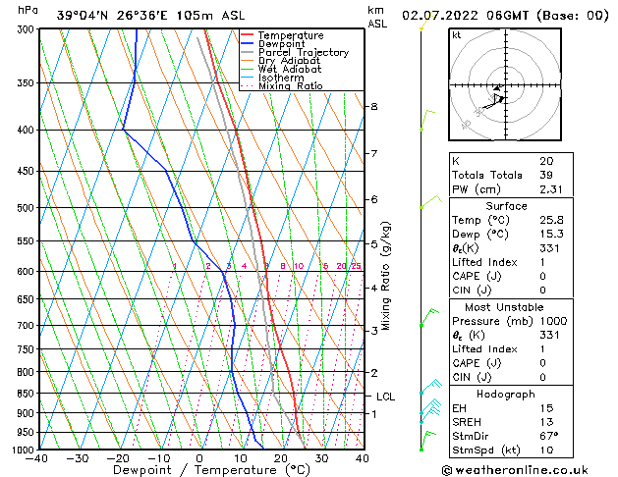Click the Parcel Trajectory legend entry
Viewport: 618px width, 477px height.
[303, 53]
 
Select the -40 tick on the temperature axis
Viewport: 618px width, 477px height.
[37, 458]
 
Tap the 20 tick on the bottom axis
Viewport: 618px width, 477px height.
[280, 458]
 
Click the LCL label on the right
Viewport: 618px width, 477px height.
[386, 397]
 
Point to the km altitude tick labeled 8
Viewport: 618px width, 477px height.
[373, 106]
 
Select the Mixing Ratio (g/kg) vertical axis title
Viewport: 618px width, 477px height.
[386, 276]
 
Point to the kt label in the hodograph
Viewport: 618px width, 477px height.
[456, 34]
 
